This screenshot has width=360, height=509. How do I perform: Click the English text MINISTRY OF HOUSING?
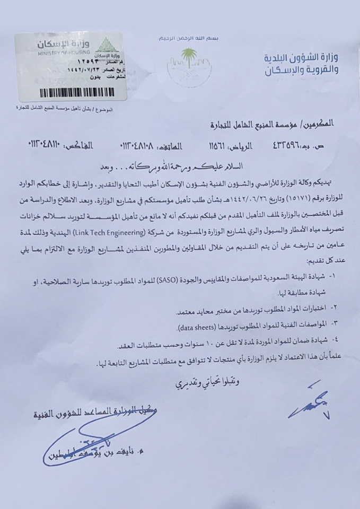57,54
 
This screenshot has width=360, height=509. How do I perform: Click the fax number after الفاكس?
51,145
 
